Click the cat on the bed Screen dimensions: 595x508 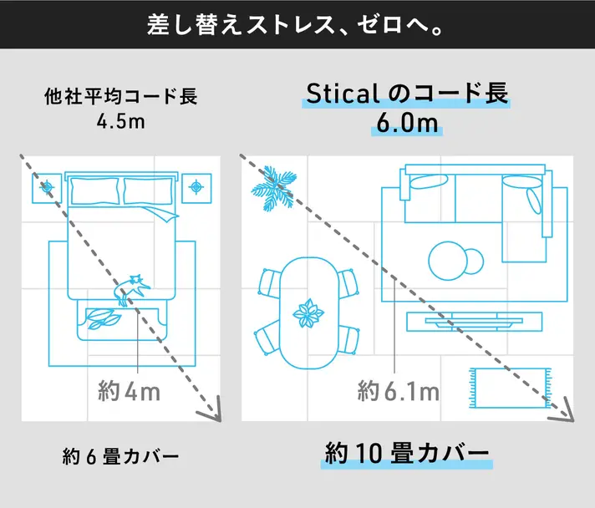131,289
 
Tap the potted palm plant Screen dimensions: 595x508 274,188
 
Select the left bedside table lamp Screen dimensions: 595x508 47,187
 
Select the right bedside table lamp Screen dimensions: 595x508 196,187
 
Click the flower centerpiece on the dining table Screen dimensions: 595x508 308,313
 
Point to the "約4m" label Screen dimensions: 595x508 129,391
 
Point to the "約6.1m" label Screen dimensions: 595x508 399,391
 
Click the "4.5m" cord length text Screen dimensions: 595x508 120,122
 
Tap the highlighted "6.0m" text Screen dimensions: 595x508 407,124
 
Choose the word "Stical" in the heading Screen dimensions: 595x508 343,94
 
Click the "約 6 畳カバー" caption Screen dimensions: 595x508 120,456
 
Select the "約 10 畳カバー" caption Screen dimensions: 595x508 407,454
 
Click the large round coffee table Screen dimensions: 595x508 448,261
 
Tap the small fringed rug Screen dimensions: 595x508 511,388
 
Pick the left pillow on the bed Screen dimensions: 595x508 95,190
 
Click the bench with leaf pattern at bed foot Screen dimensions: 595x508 121,321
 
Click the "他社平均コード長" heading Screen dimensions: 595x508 120,96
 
